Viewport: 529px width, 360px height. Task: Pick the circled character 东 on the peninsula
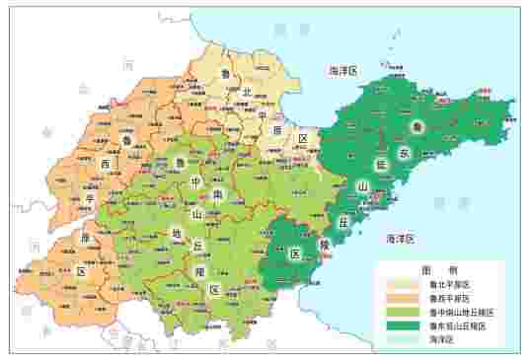point(405,153)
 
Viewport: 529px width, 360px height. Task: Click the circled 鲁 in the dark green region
point(418,127)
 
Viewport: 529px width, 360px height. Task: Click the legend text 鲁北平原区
point(447,284)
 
